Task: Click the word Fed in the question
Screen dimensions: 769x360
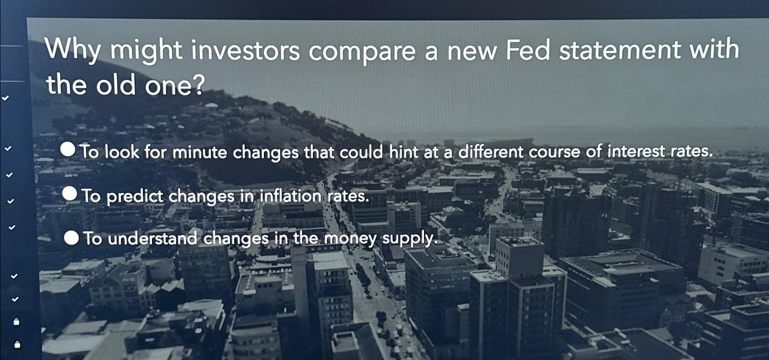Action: (527, 50)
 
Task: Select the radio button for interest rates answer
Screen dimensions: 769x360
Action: (68, 149)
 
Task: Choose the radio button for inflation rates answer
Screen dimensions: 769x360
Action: (70, 193)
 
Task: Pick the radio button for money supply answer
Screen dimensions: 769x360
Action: (71, 237)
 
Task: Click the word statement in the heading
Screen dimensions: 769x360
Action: (619, 50)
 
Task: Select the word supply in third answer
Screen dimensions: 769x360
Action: (410, 239)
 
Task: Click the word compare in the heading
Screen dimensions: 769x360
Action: (362, 52)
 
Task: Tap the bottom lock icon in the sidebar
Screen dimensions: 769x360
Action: (17, 344)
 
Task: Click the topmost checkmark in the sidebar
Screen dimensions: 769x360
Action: (5, 98)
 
